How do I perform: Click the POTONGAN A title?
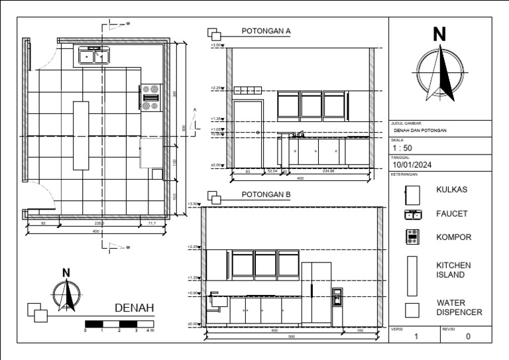[x=266, y=31]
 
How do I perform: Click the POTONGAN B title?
[x=266, y=194]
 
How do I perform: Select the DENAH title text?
[x=135, y=308]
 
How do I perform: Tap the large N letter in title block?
[x=439, y=34]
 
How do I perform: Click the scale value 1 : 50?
[x=402, y=148]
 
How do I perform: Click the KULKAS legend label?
[x=452, y=190]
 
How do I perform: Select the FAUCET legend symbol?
[x=414, y=214]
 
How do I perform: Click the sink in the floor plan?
[x=93, y=56]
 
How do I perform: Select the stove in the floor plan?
[x=150, y=96]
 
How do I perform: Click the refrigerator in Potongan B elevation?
[x=316, y=294]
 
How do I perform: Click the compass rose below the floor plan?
[x=66, y=295]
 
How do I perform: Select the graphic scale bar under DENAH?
[x=119, y=323]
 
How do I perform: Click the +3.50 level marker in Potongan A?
[x=217, y=45]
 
